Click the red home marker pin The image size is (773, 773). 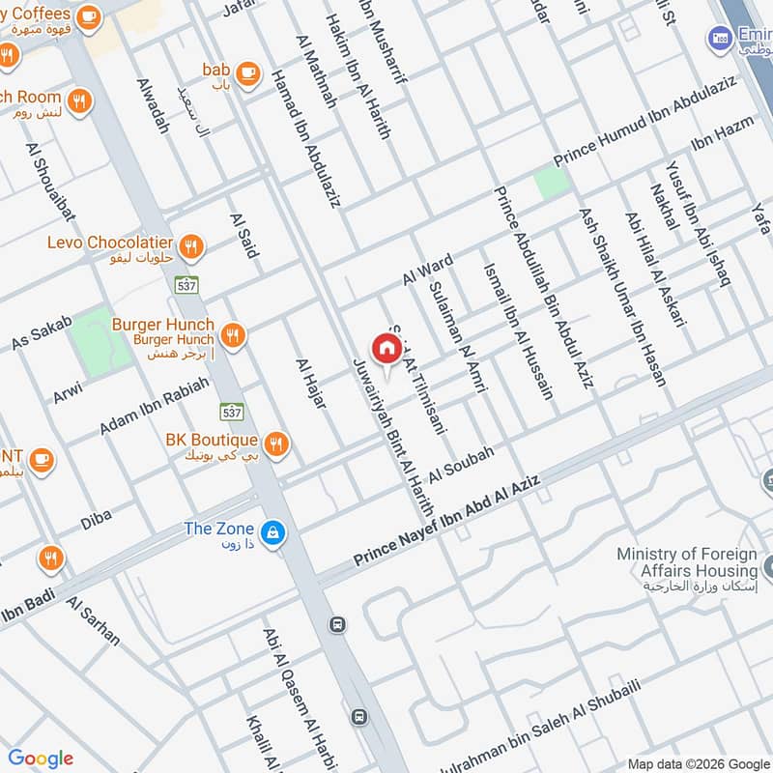coord(386,348)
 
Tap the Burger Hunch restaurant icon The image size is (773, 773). coord(232,335)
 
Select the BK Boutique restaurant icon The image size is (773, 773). coord(276,443)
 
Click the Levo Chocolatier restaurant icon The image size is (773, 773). coord(191,245)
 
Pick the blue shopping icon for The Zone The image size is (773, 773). coord(273,532)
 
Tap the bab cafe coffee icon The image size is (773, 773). coord(247,72)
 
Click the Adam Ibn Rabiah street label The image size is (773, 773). coord(154,405)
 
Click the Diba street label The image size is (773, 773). coord(96,519)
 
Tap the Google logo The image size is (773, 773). coord(41,759)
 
